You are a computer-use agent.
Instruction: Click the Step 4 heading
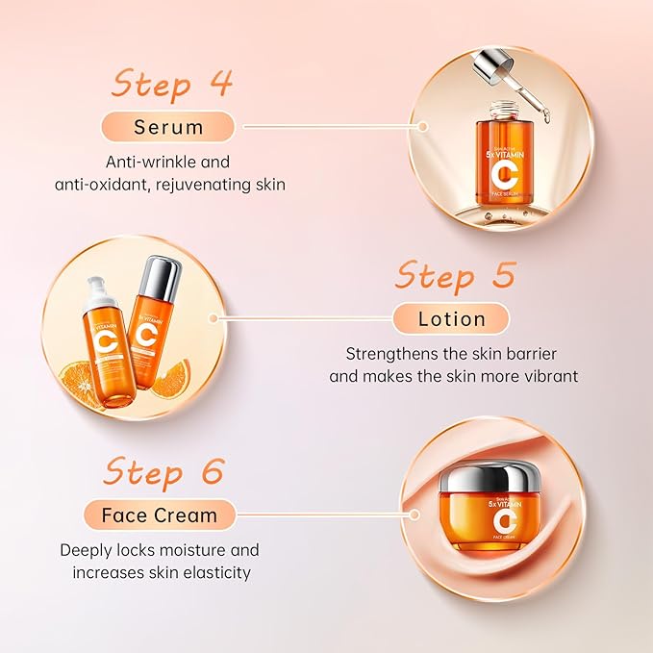[171, 84]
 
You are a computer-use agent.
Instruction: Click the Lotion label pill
[452, 318]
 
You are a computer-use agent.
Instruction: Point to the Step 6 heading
[163, 472]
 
